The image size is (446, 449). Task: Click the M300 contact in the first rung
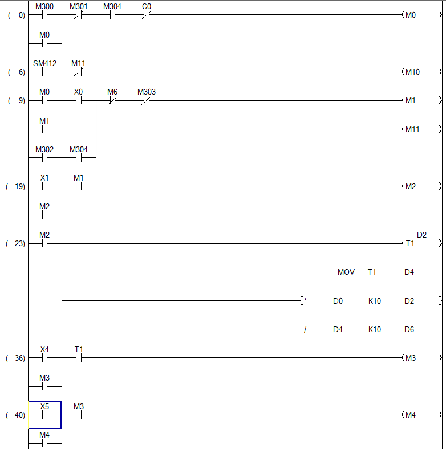44,15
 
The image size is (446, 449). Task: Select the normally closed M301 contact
78,15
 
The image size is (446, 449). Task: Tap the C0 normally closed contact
145,15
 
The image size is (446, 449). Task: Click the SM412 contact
44,72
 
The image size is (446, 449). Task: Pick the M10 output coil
411,72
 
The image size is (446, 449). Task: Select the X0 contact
78,101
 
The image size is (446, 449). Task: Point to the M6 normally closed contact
112,101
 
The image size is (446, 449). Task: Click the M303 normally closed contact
146,101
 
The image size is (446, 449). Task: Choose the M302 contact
44,158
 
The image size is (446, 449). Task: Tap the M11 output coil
411,129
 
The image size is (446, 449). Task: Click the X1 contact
44,186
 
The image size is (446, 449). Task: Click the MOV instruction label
346,272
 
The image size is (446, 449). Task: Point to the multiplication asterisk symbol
305,301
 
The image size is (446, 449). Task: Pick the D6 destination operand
409,329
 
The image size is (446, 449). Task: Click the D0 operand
338,301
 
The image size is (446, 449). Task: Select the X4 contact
44,358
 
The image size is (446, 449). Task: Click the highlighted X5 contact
44,415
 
